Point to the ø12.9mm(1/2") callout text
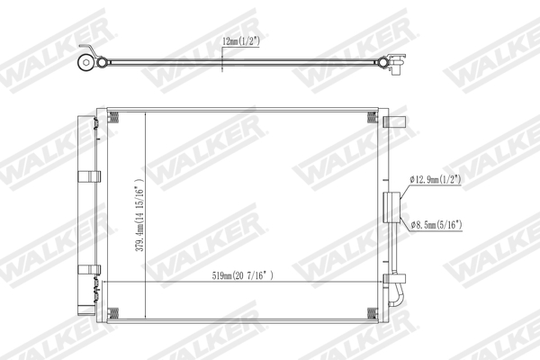tap(436, 180)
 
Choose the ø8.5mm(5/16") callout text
tap(435, 224)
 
